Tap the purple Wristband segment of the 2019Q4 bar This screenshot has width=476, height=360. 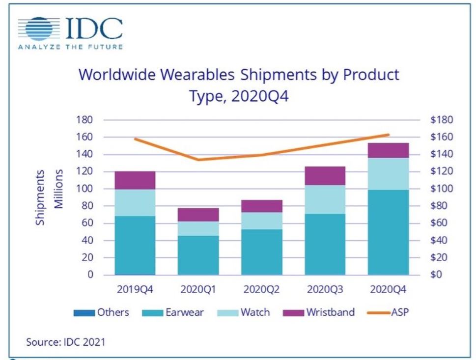click(135, 180)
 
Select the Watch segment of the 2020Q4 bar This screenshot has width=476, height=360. click(389, 174)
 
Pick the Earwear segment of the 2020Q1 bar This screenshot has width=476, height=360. click(198, 255)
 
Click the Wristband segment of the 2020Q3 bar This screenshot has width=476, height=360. click(325, 175)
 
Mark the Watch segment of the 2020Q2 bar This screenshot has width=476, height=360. click(262, 221)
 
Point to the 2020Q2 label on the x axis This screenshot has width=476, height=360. click(262, 289)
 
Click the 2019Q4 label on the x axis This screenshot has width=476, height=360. click(135, 289)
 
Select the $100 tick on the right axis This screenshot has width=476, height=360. click(441, 189)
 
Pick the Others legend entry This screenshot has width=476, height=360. click(102, 312)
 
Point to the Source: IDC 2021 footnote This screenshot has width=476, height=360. click(65, 342)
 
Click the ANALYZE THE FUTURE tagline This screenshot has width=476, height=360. click(70, 47)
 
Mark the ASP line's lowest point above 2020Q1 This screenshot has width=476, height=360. click(198, 160)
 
